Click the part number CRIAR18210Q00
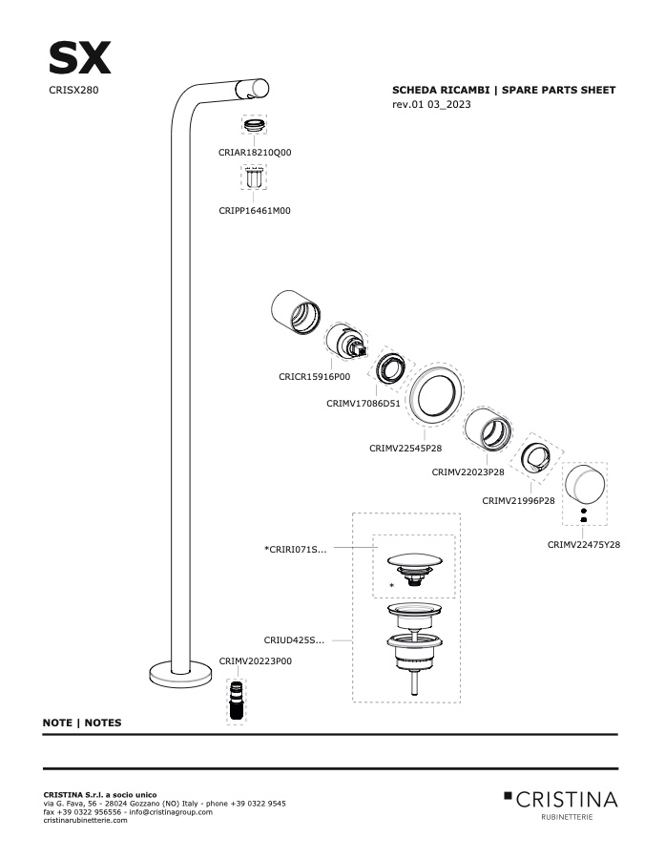tap(255, 153)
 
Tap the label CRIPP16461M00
tap(255, 210)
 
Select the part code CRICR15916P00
tap(315, 376)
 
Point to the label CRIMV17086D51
tap(364, 403)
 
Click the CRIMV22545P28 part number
tap(405, 449)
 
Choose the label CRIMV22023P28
tap(468, 471)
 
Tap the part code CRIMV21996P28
tap(518, 500)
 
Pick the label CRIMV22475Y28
tap(584, 545)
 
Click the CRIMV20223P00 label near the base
tap(256, 660)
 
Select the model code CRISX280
tap(73, 90)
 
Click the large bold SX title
tap(80, 57)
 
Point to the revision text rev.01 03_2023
tap(431, 104)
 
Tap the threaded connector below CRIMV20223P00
tap(236, 701)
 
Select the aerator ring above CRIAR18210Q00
tap(254, 125)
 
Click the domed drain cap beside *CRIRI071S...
tap(415, 561)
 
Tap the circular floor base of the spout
tap(180, 675)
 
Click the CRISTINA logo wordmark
tap(567, 800)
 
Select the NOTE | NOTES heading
tap(82, 723)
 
